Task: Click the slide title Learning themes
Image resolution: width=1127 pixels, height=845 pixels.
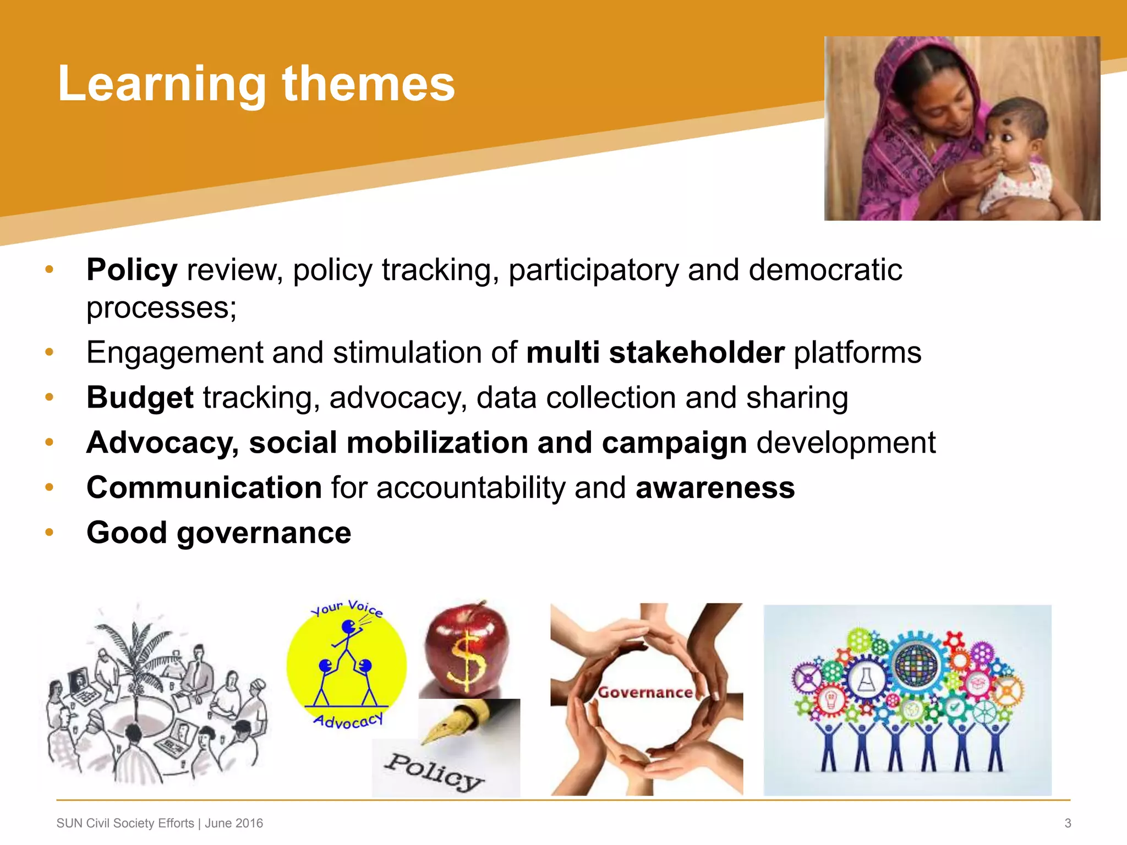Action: (x=256, y=84)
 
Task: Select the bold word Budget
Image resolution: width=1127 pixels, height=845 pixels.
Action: (x=140, y=398)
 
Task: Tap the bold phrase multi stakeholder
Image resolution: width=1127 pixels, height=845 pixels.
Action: (x=655, y=353)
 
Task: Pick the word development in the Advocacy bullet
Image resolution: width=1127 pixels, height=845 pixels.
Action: (x=846, y=443)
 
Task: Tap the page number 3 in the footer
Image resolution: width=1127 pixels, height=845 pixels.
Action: (x=1068, y=823)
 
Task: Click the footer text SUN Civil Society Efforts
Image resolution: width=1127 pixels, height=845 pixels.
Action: (x=125, y=823)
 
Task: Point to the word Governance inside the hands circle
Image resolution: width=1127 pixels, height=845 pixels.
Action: (x=645, y=693)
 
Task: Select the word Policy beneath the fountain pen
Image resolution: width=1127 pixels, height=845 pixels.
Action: (x=433, y=771)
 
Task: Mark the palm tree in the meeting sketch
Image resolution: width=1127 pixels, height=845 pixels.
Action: (x=134, y=655)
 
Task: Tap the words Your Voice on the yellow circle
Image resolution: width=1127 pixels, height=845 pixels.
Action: (x=347, y=608)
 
